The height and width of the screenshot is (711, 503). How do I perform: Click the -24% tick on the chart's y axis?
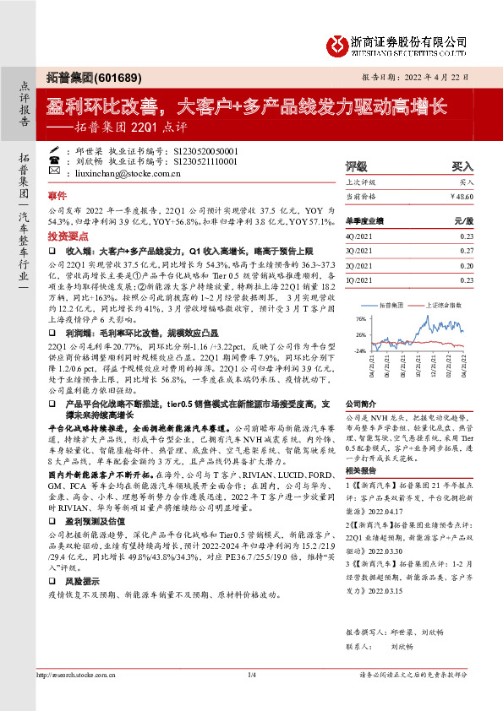click(x=360, y=350)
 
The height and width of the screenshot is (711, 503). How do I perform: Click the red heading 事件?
click(x=57, y=193)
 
